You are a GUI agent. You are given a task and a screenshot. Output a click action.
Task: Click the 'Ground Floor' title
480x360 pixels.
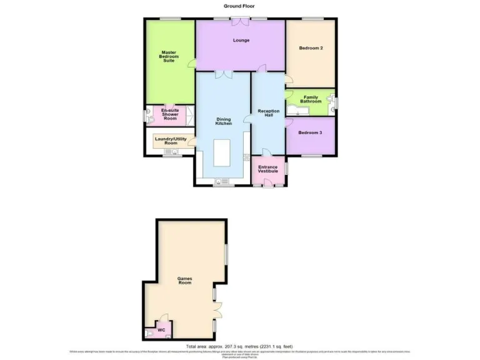[x=239, y=6]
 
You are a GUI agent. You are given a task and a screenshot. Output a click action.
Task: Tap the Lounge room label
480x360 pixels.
[x=241, y=41]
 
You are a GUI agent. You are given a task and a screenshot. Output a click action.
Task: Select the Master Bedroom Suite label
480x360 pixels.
[x=168, y=56]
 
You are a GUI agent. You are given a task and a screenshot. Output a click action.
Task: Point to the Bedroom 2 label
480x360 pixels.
[x=311, y=48]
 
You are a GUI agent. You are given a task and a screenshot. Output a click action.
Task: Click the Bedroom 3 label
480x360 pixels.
[x=311, y=132]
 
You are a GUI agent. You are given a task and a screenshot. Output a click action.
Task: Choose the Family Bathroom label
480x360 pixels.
[x=312, y=99]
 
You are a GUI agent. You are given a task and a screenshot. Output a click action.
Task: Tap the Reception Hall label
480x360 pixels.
[x=268, y=114]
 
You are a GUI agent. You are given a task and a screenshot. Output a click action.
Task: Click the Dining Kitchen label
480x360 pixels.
[x=224, y=121]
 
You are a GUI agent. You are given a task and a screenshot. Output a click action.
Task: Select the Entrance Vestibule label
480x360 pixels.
[x=268, y=169]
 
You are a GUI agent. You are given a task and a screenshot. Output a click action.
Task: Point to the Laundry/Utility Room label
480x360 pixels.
[x=171, y=141]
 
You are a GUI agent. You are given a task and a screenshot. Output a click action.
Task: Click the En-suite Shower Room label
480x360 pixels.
[x=170, y=112]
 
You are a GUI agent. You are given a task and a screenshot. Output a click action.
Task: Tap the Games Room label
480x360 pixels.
[x=184, y=281]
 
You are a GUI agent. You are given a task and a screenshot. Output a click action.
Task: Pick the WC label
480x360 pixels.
[x=161, y=330]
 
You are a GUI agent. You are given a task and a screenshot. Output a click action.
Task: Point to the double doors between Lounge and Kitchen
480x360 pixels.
[x=224, y=74]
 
